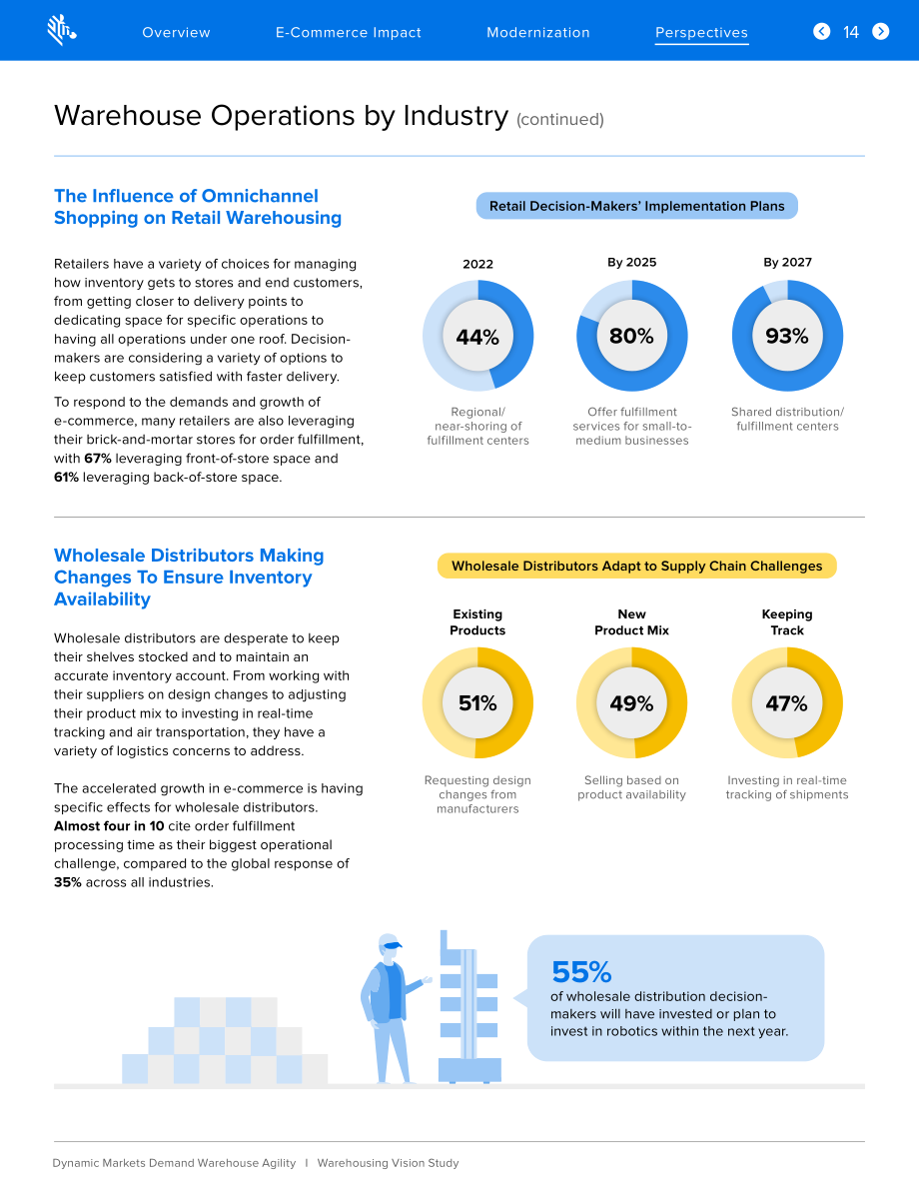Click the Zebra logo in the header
[x=62, y=30]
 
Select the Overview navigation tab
[x=176, y=33]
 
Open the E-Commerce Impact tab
[x=349, y=33]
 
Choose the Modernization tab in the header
[x=538, y=33]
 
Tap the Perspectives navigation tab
[x=702, y=33]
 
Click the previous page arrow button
[x=822, y=31]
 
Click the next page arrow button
[x=880, y=31]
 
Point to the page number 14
[x=851, y=32]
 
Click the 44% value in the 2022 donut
[x=477, y=337]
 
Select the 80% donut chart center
[x=631, y=336]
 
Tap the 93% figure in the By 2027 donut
[x=787, y=336]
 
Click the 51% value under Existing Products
[x=477, y=703]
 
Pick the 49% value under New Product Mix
[x=631, y=703]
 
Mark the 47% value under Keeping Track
[x=787, y=703]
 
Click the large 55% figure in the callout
[x=581, y=972]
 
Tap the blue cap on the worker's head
[x=392, y=944]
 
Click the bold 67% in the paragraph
[x=98, y=459]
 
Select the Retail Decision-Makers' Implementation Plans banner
[x=636, y=206]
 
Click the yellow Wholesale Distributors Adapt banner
[x=636, y=567]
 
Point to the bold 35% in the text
[x=68, y=882]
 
